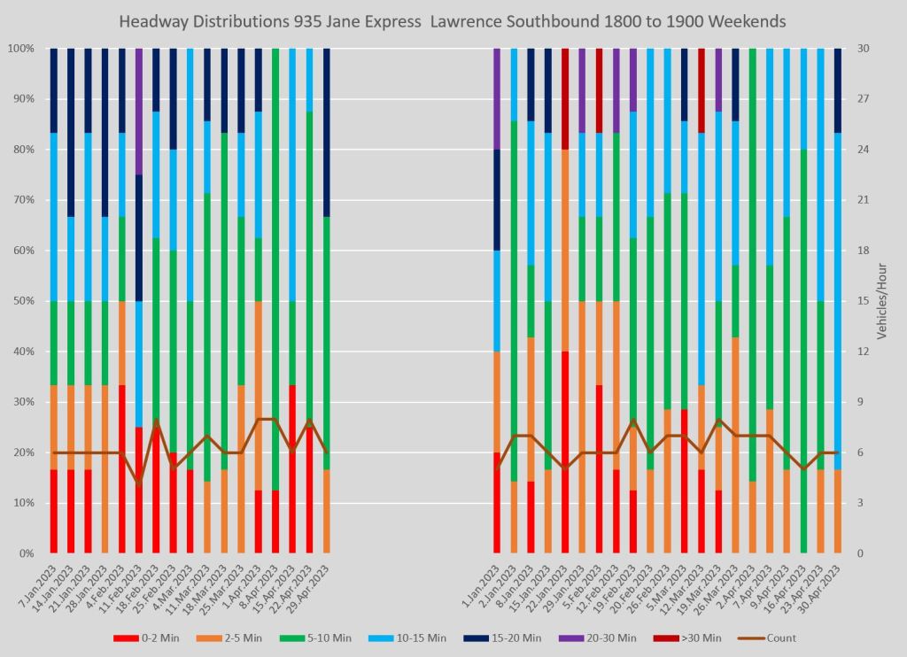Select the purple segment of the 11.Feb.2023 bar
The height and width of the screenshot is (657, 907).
pyautogui.click(x=139, y=111)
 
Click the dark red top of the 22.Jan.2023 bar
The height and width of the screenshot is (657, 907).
pyautogui.click(x=565, y=98)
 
